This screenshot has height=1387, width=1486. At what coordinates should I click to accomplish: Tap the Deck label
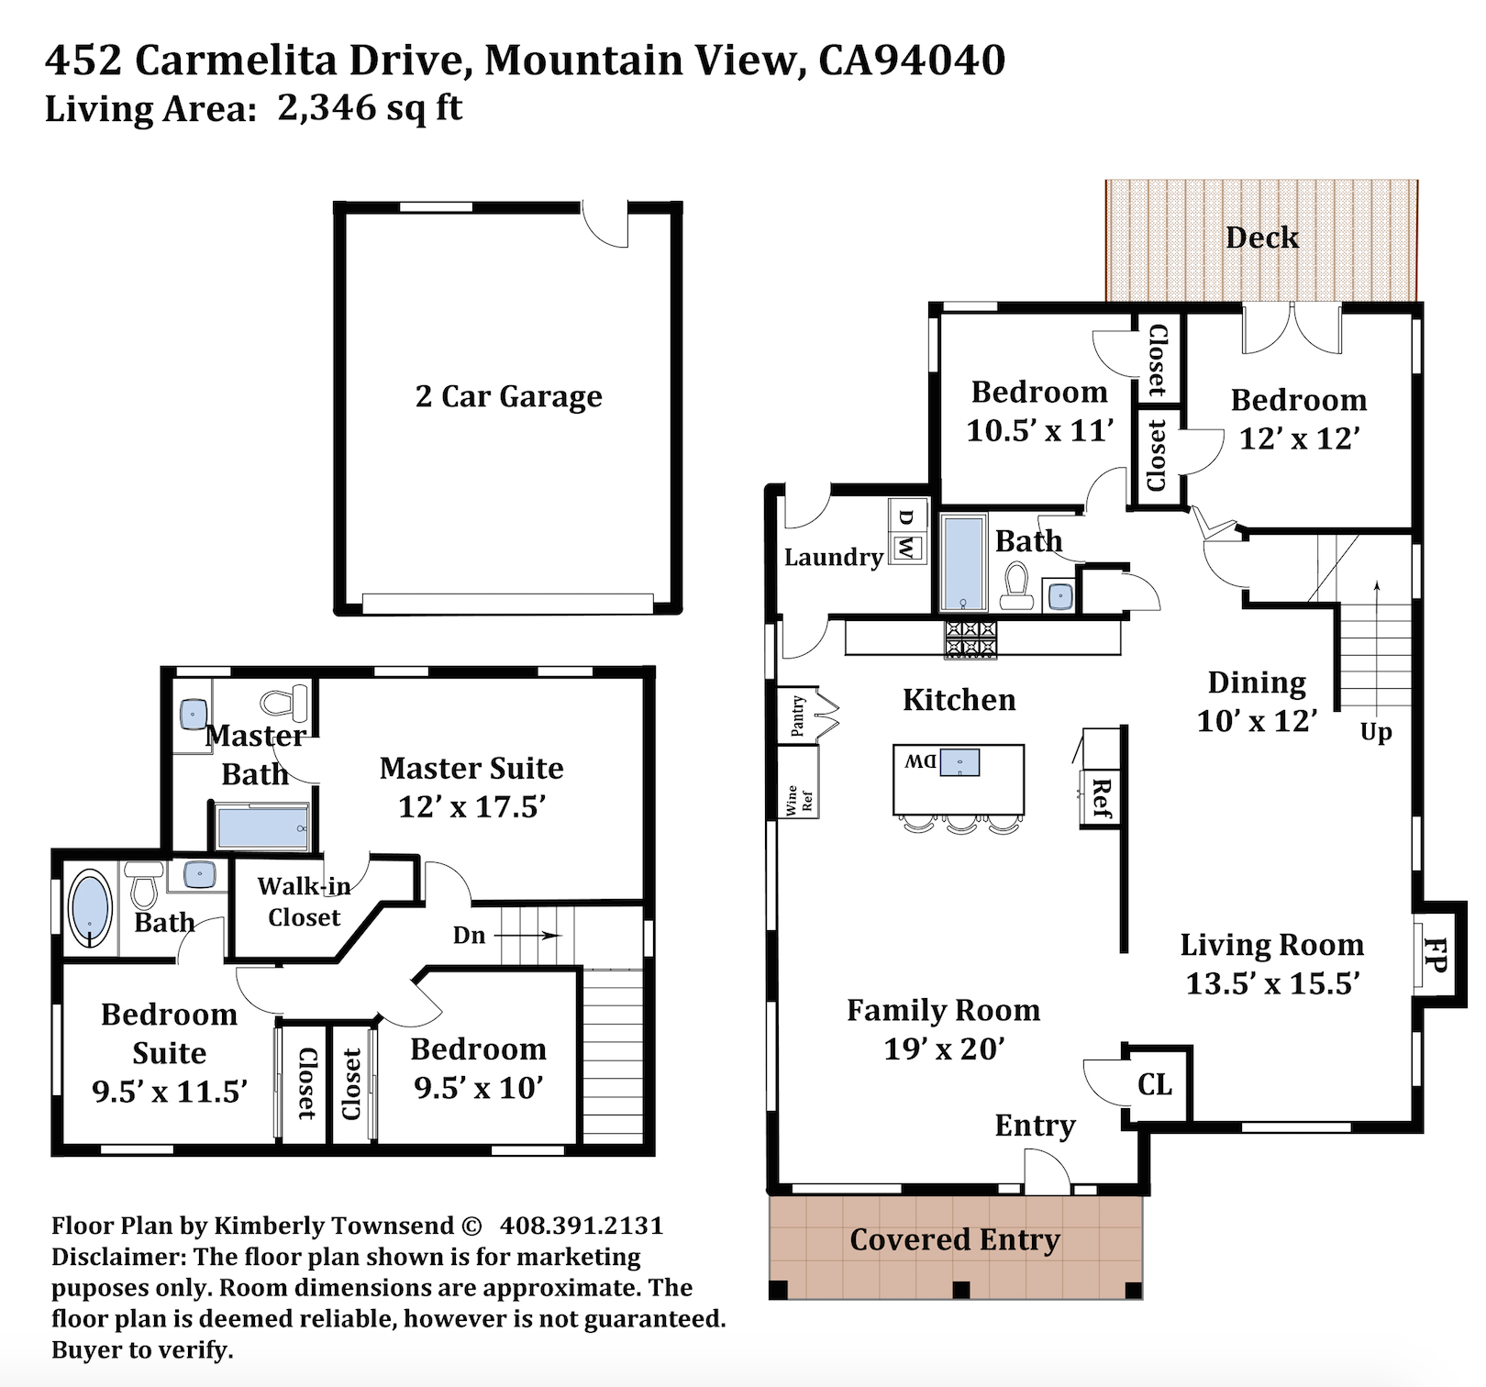pos(1262,238)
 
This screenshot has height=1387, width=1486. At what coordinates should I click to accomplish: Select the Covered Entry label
pos(955,1239)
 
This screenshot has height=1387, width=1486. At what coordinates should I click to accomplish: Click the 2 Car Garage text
pos(509,396)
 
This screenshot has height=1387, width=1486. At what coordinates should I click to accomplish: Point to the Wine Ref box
pos(797,782)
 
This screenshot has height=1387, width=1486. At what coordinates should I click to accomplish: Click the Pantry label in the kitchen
pos(798,716)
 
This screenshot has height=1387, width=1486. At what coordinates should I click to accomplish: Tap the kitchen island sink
pos(959,762)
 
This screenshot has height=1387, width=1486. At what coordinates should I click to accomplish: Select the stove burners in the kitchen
pos(970,638)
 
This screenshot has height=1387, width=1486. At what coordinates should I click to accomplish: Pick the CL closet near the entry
pos(1155,1085)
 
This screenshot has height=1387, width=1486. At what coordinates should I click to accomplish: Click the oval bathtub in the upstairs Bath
pos(90,909)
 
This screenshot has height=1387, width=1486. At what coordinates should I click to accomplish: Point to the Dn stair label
pos(469,936)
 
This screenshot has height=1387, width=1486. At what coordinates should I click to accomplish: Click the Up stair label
pos(1376,733)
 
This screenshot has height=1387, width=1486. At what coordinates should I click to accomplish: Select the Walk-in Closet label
pos(304,902)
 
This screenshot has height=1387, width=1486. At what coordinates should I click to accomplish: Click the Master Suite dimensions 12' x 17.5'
pos(472,806)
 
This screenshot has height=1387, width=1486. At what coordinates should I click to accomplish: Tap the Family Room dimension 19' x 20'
pos(944,1049)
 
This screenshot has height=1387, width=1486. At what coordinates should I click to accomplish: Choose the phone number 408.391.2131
pos(582,1226)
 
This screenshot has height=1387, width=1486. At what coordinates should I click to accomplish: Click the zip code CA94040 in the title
pos(912,61)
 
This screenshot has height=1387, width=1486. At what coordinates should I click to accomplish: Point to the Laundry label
pos(834,558)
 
